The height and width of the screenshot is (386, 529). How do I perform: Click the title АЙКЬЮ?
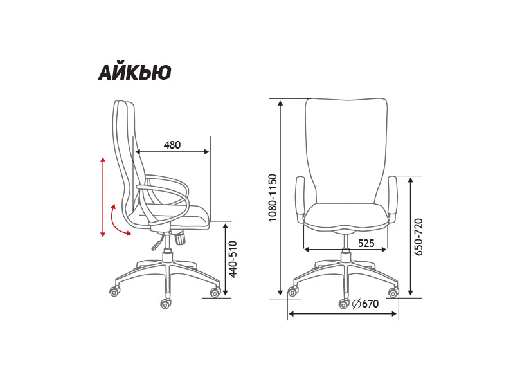[134, 73]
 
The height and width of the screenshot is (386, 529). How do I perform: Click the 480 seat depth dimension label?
[172, 145]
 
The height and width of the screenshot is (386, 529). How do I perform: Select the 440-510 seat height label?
[233, 259]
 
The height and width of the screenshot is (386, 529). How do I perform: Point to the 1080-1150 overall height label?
[273, 198]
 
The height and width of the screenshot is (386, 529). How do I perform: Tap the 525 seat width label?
[366, 243]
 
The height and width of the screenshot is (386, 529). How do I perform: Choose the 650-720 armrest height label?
[419, 237]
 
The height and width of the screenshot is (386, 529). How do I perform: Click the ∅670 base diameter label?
[366, 304]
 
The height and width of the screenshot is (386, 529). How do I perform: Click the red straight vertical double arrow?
[103, 197]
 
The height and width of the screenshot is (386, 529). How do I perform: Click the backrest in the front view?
[346, 148]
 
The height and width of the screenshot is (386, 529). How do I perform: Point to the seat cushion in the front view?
[346, 216]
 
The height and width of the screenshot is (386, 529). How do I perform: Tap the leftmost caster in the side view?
[114, 291]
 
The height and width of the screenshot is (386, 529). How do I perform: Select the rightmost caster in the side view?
[215, 293]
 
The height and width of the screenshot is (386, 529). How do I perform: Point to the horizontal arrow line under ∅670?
[343, 314]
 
